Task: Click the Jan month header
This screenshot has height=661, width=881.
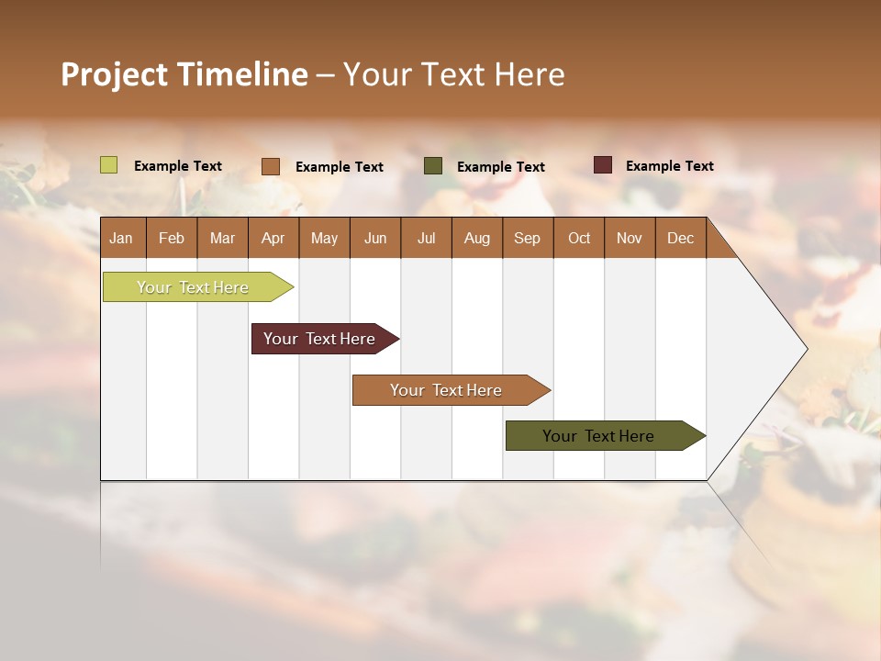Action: click(121, 238)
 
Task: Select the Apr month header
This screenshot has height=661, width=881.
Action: click(273, 238)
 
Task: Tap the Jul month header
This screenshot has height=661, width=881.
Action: click(426, 238)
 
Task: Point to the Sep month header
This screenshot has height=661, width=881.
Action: click(527, 238)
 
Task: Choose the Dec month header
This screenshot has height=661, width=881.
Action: click(680, 238)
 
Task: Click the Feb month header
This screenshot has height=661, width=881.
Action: click(172, 238)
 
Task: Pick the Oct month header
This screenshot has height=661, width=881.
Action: click(579, 238)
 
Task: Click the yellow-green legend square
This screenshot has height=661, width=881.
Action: click(109, 165)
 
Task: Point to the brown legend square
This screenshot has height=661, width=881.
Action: click(271, 166)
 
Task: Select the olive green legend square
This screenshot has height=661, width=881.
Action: click(433, 166)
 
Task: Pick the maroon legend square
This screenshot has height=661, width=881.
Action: click(603, 165)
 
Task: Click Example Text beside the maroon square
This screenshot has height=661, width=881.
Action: click(669, 166)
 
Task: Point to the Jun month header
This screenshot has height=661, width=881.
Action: click(375, 238)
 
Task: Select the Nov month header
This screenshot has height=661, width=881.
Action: click(630, 238)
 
